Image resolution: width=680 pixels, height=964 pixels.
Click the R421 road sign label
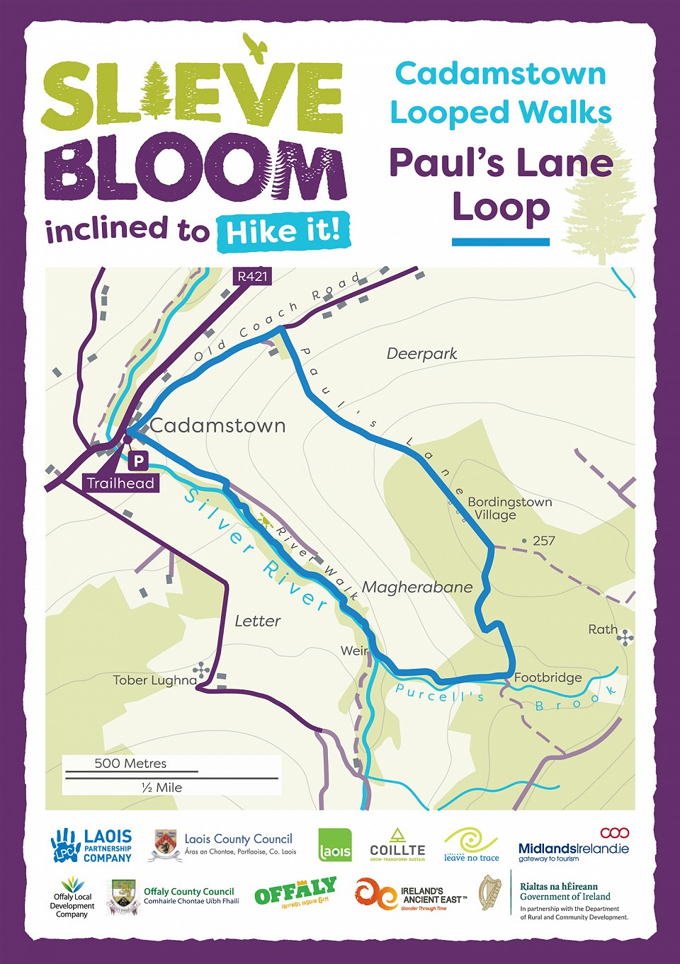(253, 276)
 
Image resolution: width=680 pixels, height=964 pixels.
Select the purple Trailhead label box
(120, 483)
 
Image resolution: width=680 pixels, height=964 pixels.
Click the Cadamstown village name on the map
(218, 425)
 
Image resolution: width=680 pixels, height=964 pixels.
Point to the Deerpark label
(421, 353)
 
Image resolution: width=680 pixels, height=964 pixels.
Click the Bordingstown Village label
(509, 508)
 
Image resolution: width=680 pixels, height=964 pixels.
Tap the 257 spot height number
(543, 541)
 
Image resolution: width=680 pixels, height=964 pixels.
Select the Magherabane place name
(417, 587)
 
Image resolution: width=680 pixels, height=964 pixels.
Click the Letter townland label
(258, 621)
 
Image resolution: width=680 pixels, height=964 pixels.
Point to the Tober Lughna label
(155, 680)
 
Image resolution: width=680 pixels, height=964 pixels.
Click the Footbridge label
(548, 677)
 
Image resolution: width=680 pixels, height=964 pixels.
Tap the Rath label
(603, 629)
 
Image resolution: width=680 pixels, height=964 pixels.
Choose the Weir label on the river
(354, 650)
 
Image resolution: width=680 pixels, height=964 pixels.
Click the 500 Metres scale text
(130, 764)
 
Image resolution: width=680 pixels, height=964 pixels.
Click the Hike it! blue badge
(284, 231)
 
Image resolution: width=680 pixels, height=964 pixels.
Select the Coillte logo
(397, 844)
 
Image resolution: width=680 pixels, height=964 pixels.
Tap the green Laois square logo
(335, 845)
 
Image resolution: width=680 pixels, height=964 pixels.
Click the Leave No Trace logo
(472, 845)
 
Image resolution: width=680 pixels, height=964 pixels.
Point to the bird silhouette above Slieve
(255, 45)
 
